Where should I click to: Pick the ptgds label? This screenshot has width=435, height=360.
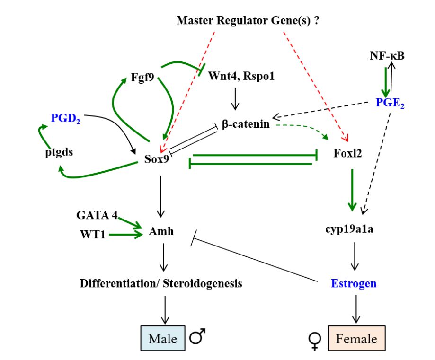click(57, 153)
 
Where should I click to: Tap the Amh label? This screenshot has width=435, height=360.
click(161, 232)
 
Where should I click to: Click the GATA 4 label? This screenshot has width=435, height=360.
click(97, 215)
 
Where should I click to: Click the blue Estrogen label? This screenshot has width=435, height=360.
click(354, 283)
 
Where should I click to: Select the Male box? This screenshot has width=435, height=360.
click(162, 339)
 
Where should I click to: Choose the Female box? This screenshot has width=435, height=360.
click(356, 339)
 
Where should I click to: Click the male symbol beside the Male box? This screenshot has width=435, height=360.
click(198, 337)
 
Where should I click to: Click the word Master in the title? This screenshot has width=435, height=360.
click(195, 20)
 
